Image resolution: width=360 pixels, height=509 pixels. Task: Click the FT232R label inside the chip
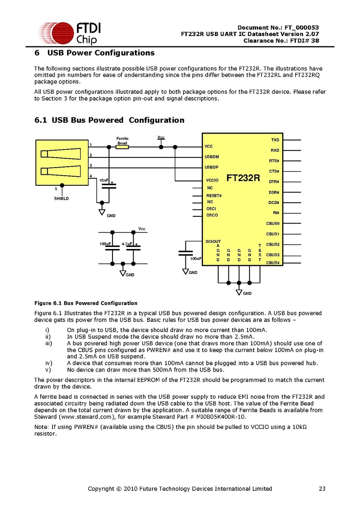point(243,178)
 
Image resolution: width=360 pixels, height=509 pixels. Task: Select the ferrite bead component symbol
point(122,147)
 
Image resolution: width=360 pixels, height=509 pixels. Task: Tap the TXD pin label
point(275,140)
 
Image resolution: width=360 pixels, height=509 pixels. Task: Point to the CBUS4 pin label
point(273,263)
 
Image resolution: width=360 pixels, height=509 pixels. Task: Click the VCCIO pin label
point(212,181)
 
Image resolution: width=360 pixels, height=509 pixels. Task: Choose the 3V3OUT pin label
point(213,241)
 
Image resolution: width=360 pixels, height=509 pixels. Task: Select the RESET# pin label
point(214,196)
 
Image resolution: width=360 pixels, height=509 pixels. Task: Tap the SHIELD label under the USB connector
point(62,199)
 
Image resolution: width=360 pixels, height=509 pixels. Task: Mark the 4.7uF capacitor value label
point(127,244)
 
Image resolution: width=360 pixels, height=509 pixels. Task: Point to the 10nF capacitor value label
point(104,181)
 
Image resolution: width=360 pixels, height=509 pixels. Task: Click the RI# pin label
point(276,213)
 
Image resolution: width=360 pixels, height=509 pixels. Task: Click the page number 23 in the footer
point(322,489)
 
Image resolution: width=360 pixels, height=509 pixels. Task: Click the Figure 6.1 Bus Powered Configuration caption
point(86,303)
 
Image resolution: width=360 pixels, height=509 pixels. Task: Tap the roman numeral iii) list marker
point(48,343)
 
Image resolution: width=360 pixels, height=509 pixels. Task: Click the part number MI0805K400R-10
point(229,417)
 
